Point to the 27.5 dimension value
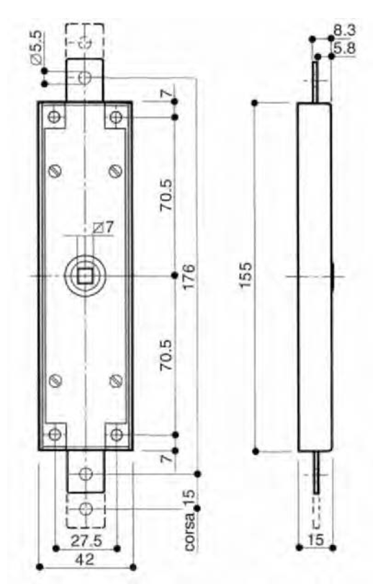click(x=85, y=539)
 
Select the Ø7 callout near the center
click(x=103, y=228)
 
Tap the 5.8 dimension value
click(x=344, y=48)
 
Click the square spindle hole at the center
click(x=85, y=276)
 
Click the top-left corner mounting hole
click(x=55, y=118)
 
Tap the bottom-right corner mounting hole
click(x=115, y=434)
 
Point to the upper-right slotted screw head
click(x=115, y=171)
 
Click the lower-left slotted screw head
click(x=55, y=380)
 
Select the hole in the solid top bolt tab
click(x=85, y=77)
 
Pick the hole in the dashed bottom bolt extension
click(x=85, y=509)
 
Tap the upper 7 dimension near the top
click(x=166, y=94)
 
